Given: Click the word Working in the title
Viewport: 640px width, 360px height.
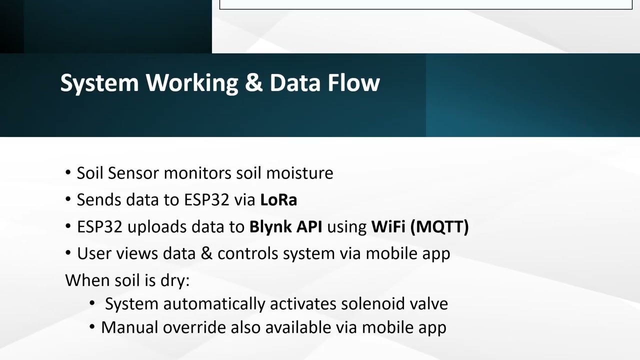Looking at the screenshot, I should (192, 83).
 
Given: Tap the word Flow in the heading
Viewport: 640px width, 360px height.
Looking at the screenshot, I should (353, 82).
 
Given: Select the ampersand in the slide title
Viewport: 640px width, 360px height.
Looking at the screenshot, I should (253, 82).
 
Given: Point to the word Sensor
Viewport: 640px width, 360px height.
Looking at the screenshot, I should (133, 173).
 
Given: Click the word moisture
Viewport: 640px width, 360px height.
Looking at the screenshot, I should (299, 173).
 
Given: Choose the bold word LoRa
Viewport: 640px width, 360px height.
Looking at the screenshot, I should (278, 200).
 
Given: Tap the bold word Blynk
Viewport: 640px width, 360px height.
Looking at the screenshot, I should (270, 227).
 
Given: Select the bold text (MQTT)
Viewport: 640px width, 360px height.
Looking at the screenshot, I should (439, 227).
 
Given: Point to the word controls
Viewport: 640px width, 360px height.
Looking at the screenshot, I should (248, 253).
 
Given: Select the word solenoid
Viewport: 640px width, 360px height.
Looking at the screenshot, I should (373, 304).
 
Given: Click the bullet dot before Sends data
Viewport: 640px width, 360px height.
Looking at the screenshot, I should (68, 200).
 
